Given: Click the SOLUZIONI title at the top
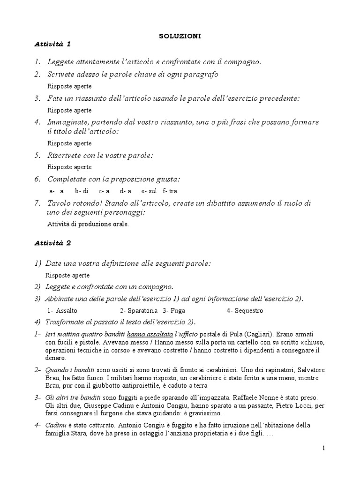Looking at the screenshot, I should tap(180, 36).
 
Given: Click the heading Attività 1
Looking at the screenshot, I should tap(52, 44).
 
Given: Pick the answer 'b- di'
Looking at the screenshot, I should tap(82, 191).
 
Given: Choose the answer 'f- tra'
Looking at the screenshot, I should tap(170, 191).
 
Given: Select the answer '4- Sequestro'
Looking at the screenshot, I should tap(245, 311).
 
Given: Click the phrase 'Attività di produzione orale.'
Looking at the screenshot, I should tap(88, 224).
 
